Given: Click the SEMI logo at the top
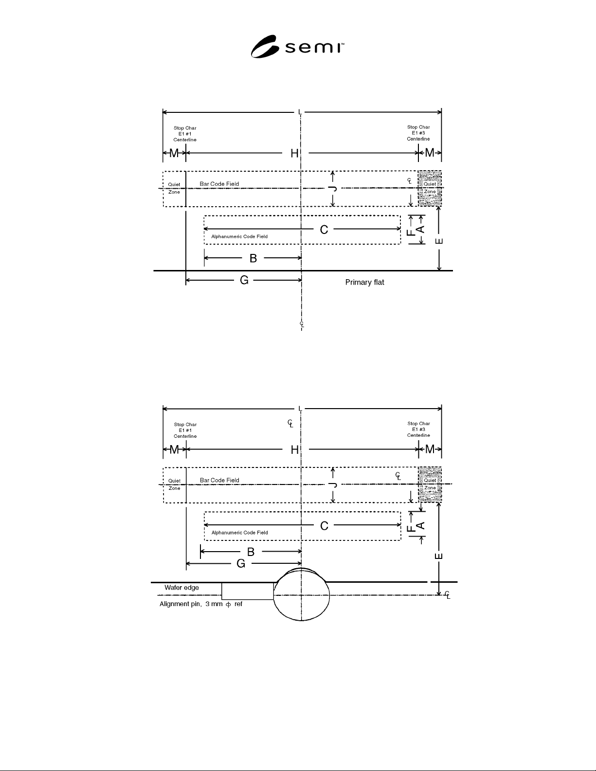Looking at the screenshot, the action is [x=297, y=47].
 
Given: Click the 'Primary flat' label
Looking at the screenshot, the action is [x=365, y=283].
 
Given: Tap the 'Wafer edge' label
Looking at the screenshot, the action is [x=181, y=588].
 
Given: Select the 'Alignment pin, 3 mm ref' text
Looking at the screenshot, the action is [x=201, y=604].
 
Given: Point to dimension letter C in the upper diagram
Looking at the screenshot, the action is [x=324, y=230].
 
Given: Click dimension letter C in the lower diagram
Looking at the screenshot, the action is [x=324, y=526].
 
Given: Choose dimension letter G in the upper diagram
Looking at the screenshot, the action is [x=244, y=280].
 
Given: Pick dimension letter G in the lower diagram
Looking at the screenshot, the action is [x=241, y=563].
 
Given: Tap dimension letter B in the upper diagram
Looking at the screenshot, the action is [x=253, y=258].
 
